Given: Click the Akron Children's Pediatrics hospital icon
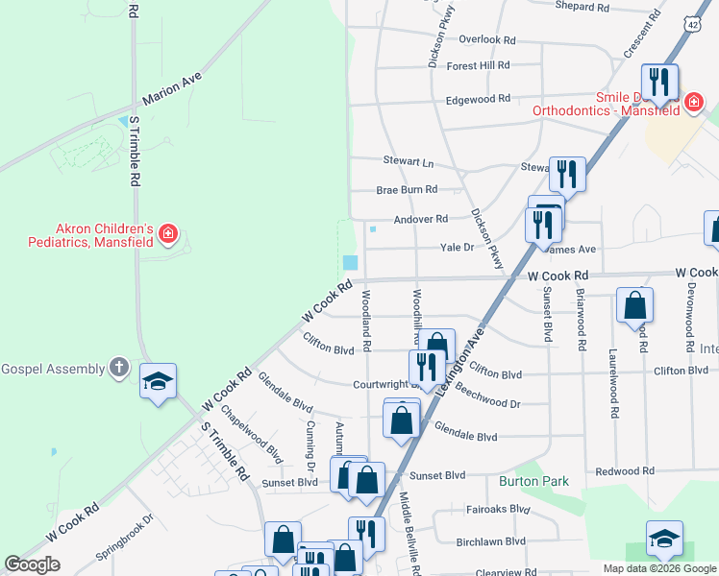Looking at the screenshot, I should coord(168,233).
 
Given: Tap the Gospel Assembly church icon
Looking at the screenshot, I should coord(118,368).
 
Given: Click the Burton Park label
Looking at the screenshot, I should coord(533,481).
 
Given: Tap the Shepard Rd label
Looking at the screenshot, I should coord(583,7).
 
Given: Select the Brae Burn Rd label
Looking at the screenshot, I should coord(407,190).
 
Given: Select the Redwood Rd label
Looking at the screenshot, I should coord(624,471).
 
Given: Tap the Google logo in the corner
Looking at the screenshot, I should coord(32,564).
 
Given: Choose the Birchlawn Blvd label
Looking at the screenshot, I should coord(492,541).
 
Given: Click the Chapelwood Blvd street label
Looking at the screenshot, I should coord(251,435).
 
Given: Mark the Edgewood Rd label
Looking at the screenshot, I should coord(478,99).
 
